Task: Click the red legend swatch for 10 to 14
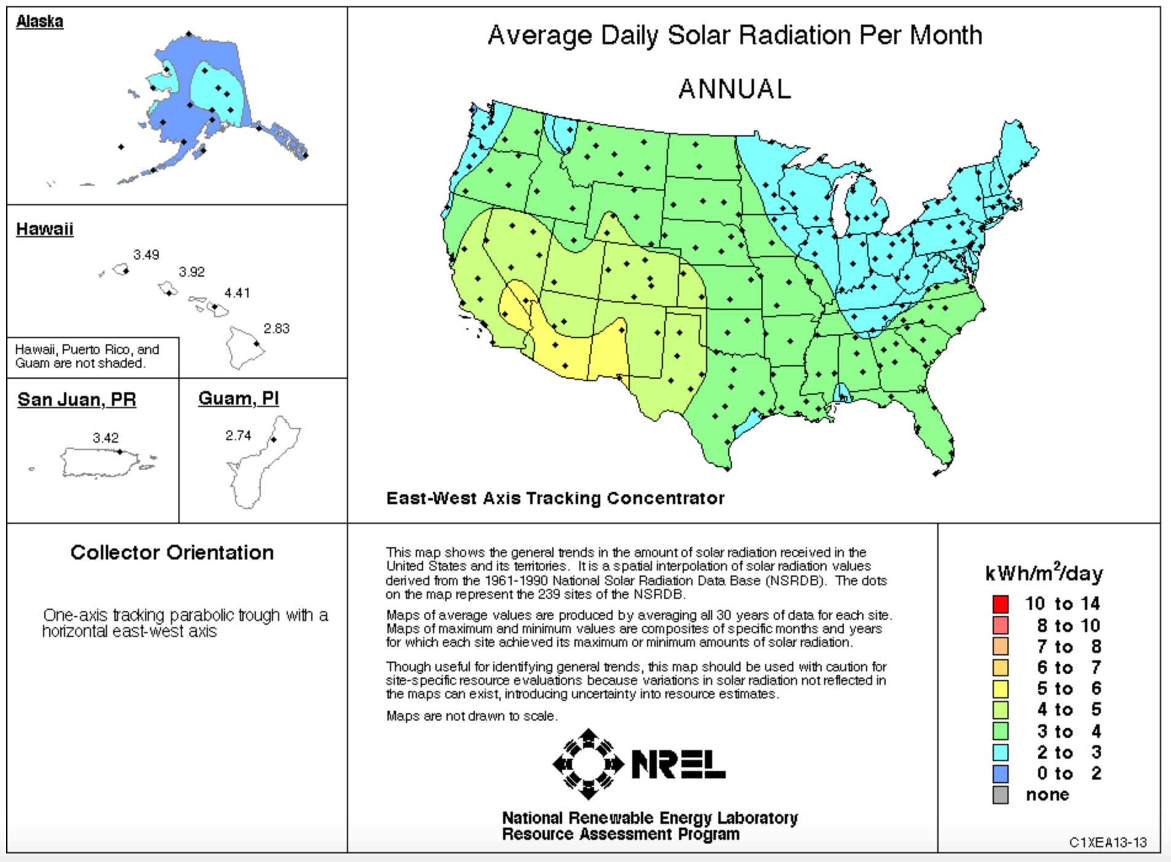coord(1000,604)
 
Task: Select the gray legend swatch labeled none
coord(1000,795)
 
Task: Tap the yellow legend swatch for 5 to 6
coord(1000,689)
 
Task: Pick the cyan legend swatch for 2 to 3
coord(1000,753)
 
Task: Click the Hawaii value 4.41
coord(237,293)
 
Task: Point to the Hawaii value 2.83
coord(276,329)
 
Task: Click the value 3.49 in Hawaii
coord(146,255)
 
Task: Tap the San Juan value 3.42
coord(105,438)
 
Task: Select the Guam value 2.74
coord(238,436)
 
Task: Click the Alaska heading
coord(39,22)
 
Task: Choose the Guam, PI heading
coord(239,398)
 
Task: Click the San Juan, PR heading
coord(77,400)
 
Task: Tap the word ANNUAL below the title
coord(734,89)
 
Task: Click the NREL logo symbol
coord(589,764)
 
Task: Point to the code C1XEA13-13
coord(1108,842)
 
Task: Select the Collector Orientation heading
coord(172,553)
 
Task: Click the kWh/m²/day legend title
coord(1044,574)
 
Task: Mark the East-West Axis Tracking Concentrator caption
coord(555,498)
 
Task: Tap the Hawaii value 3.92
coord(192,272)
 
